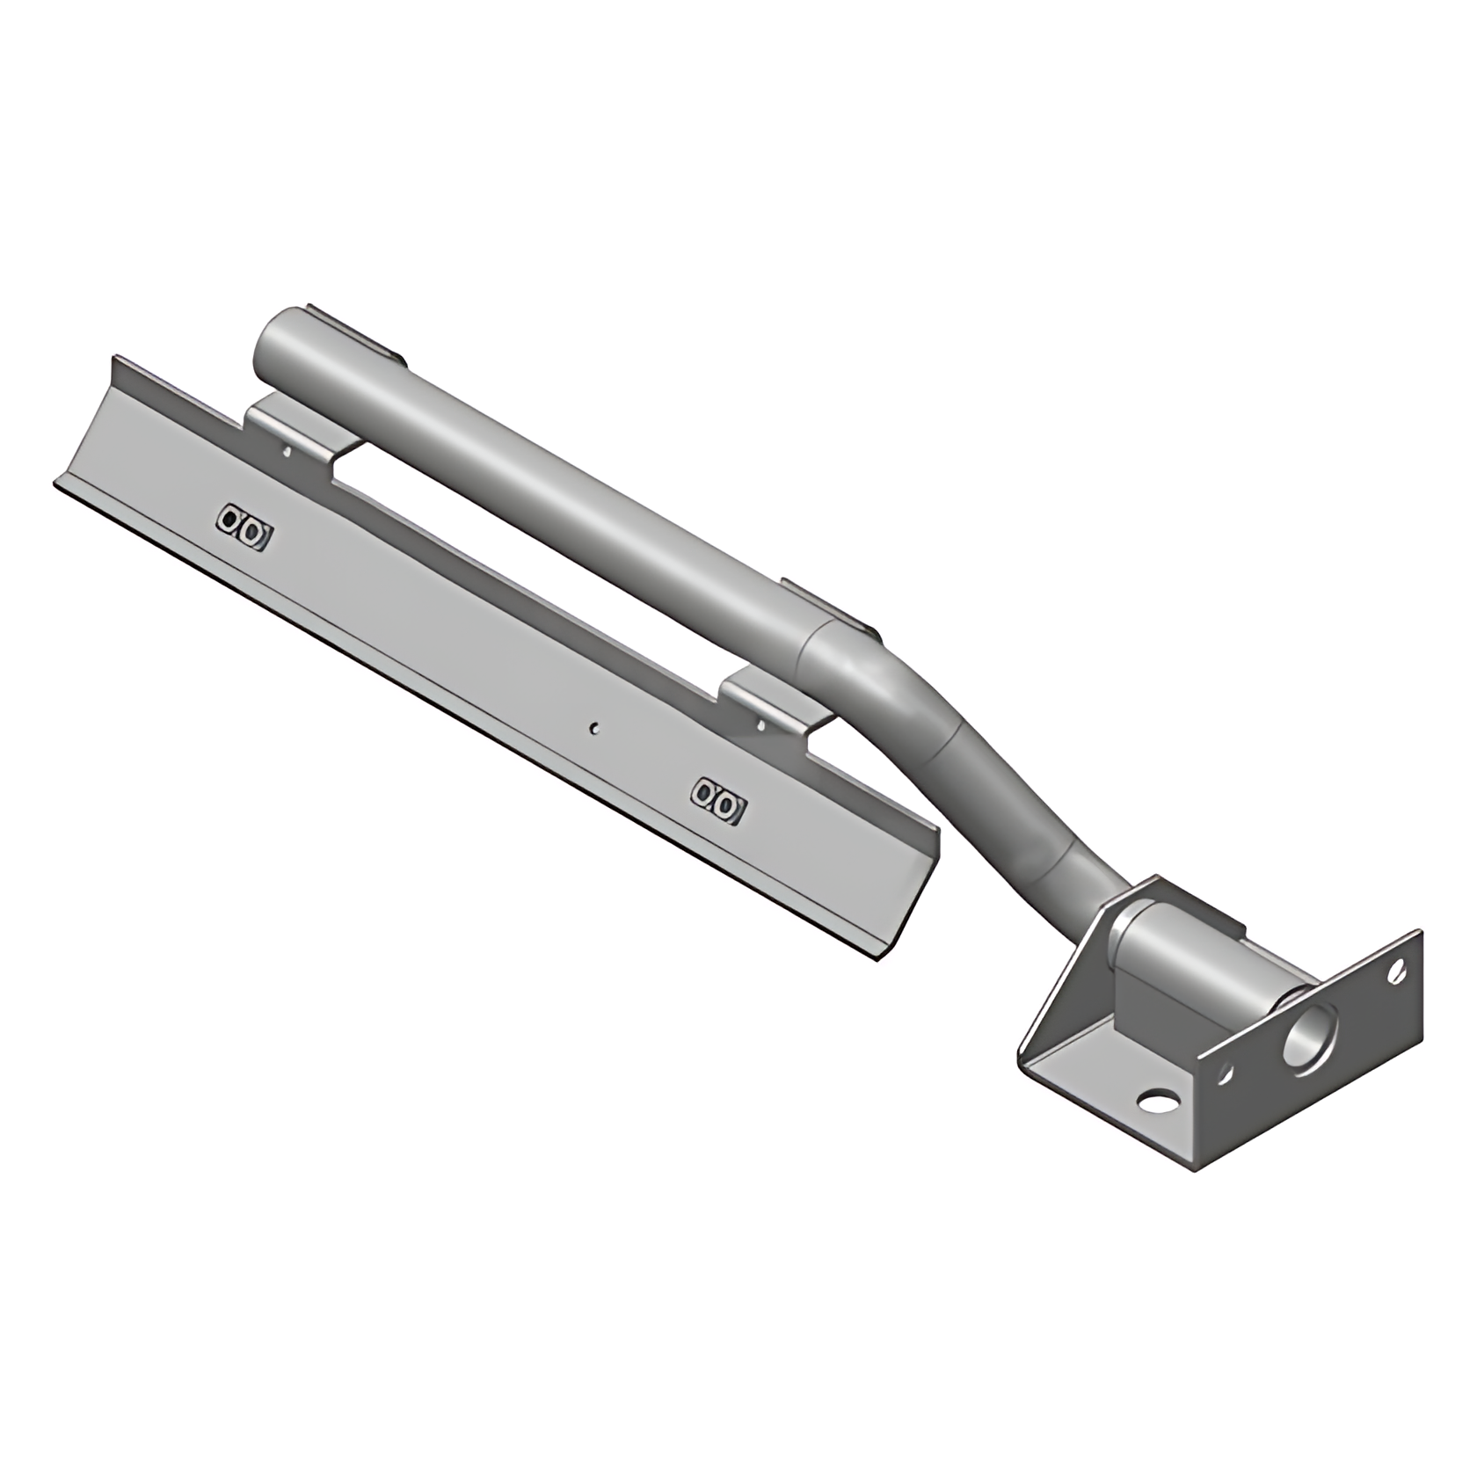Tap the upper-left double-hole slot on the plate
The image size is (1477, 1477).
coord(244,527)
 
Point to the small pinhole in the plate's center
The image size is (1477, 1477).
coord(595,727)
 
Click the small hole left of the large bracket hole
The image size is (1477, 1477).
coord(1225,1074)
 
